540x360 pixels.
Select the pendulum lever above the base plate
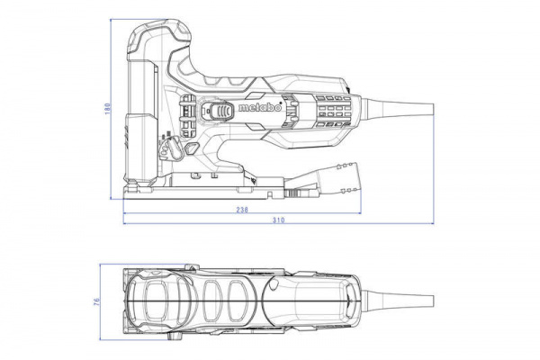coord(170,145)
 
